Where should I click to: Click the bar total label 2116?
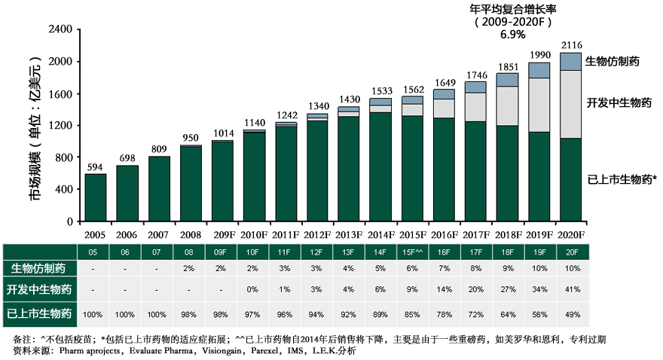(x=571, y=45)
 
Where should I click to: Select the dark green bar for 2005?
(x=95, y=197)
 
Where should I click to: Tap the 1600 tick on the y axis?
(x=60, y=94)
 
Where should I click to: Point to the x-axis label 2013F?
(x=348, y=235)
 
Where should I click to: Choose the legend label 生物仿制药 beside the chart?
(x=613, y=61)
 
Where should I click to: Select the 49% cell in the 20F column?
(x=571, y=314)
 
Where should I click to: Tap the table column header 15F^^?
(x=412, y=251)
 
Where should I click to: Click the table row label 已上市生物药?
(x=41, y=314)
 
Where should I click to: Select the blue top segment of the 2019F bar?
(x=539, y=70)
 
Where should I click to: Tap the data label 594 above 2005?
(x=95, y=166)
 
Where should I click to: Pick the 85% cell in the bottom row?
(x=412, y=314)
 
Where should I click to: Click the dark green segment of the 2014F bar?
(x=380, y=166)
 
